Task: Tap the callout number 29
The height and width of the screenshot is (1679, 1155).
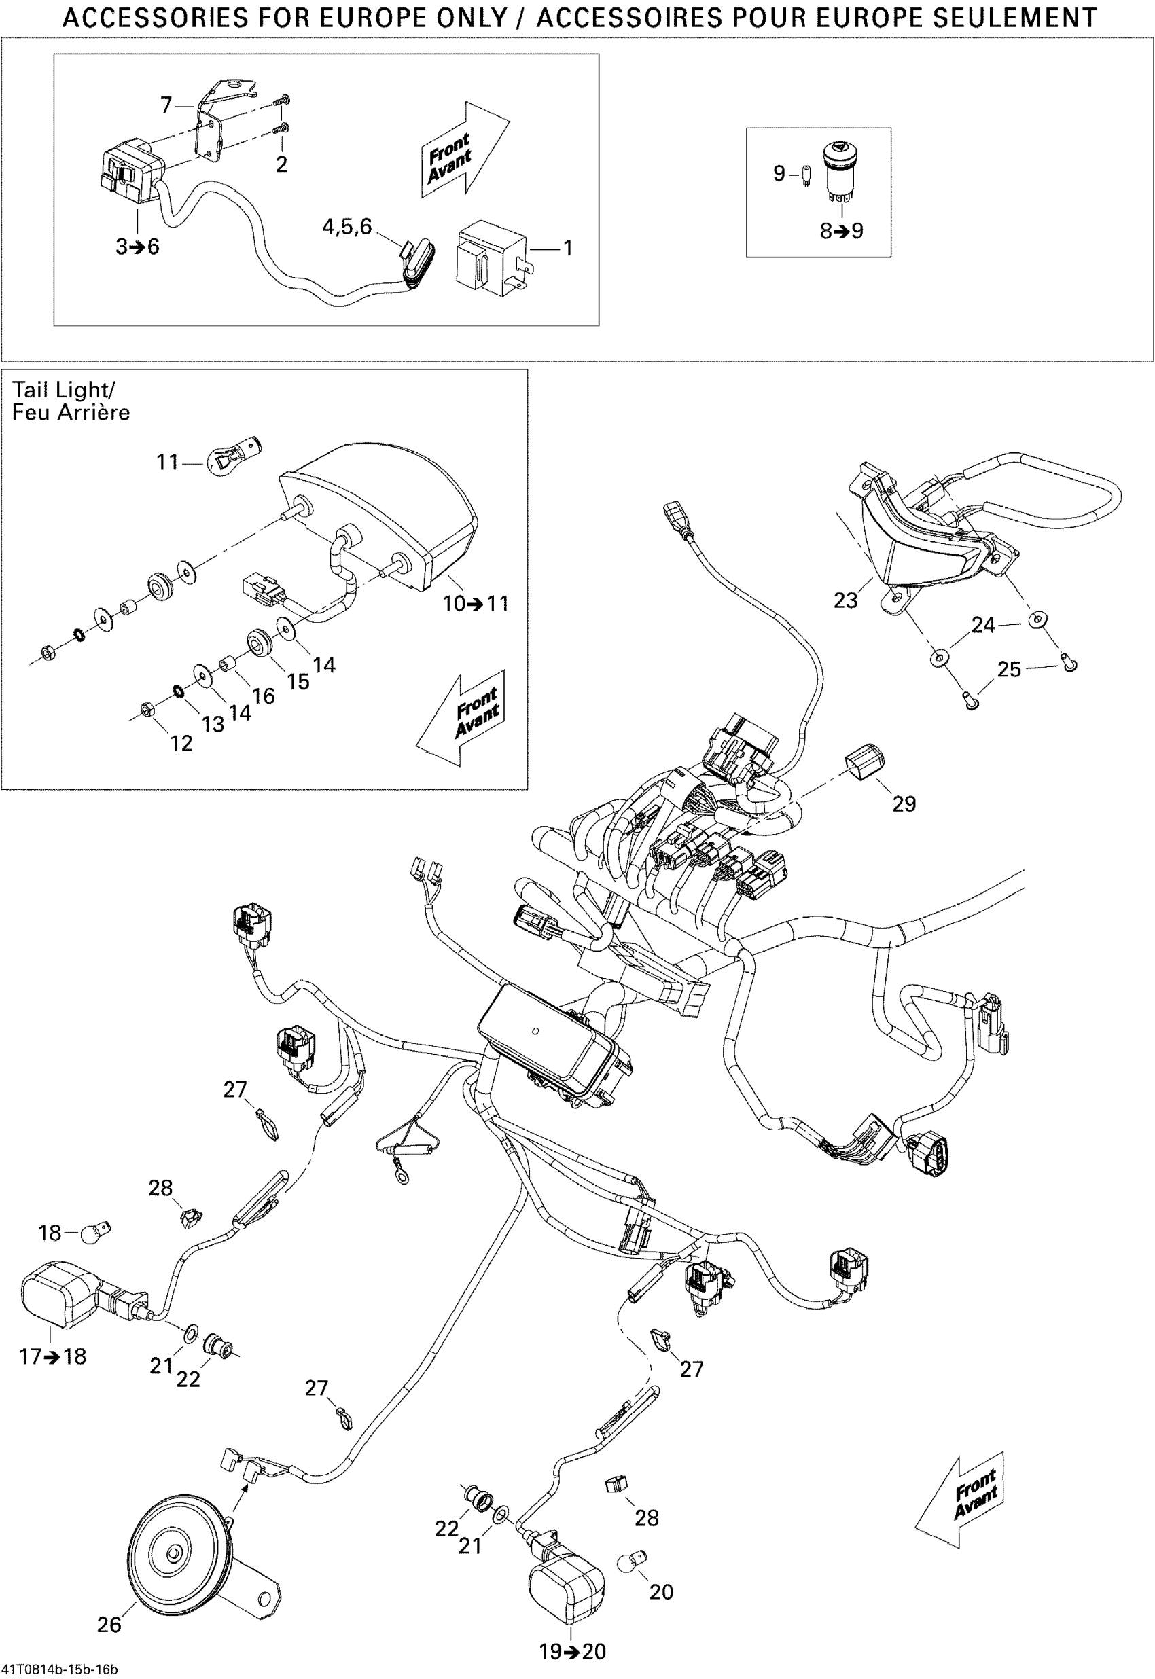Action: pyautogui.click(x=904, y=804)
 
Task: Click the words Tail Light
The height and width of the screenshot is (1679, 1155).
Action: pyautogui.click(x=63, y=391)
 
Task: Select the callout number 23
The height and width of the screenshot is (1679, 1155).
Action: pyautogui.click(x=845, y=600)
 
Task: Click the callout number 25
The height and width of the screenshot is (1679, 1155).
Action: pyautogui.click(x=1009, y=670)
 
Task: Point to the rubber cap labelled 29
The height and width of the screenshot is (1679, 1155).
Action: pyautogui.click(x=864, y=766)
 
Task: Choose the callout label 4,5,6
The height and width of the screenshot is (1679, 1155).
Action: pyautogui.click(x=346, y=227)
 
